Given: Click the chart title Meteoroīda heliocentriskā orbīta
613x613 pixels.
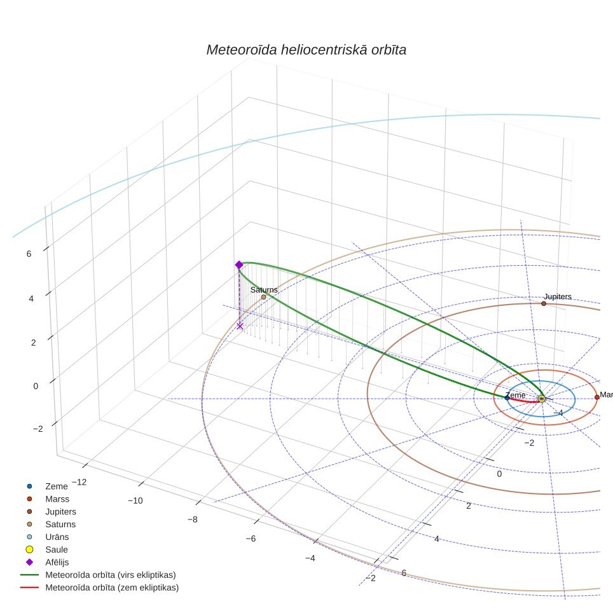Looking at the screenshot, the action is pyautogui.click(x=306, y=50).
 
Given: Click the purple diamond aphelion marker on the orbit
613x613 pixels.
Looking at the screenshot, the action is pyautogui.click(x=239, y=265).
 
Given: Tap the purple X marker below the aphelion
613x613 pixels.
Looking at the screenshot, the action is pyautogui.click(x=240, y=326).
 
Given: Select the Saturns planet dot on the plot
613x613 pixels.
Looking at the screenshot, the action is pyautogui.click(x=263, y=297).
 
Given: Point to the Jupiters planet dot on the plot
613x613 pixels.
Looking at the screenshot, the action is pyautogui.click(x=544, y=303).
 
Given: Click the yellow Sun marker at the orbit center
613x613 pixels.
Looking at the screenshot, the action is pyautogui.click(x=541, y=399).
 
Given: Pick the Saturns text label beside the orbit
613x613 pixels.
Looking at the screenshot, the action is pyautogui.click(x=264, y=290).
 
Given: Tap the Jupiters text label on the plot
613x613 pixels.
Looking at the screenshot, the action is pyautogui.click(x=558, y=297).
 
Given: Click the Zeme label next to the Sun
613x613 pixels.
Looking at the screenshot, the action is pyautogui.click(x=516, y=396).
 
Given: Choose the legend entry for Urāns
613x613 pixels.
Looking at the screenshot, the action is pyautogui.click(x=57, y=537).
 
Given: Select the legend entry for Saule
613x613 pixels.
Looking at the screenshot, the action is pyautogui.click(x=57, y=549).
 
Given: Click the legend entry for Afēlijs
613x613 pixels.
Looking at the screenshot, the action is pyautogui.click(x=57, y=562).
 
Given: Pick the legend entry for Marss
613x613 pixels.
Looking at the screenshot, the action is pyautogui.click(x=57, y=499).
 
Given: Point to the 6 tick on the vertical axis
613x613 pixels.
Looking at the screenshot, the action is pyautogui.click(x=29, y=254).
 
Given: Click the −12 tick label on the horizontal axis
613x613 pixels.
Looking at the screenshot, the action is pyautogui.click(x=79, y=483).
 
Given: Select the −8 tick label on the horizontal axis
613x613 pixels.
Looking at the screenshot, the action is pyautogui.click(x=192, y=520).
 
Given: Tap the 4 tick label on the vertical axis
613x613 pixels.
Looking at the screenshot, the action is pyautogui.click(x=31, y=299).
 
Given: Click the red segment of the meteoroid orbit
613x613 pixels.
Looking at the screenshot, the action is pyautogui.click(x=524, y=401).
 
